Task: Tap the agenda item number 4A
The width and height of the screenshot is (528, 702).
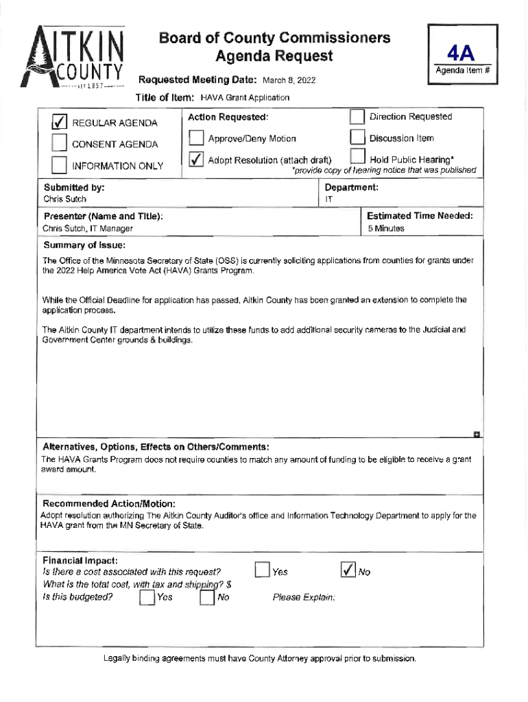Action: click(461, 53)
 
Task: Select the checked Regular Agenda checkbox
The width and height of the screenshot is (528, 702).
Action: click(60, 123)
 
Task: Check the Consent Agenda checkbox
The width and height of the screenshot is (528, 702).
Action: click(60, 144)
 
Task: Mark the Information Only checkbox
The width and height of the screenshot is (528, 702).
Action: click(60, 166)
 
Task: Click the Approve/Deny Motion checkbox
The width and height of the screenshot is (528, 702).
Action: click(196, 138)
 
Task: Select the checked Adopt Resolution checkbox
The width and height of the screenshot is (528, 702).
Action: click(196, 160)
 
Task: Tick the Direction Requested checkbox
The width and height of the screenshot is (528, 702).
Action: click(357, 117)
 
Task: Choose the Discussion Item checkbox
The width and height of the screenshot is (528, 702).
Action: click(357, 138)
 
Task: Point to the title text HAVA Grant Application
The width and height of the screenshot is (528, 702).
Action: click(245, 98)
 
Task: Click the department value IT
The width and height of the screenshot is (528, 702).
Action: click(328, 199)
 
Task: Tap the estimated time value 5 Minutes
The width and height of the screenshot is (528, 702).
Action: click(385, 228)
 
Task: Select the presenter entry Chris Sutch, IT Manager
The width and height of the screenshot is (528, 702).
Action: click(88, 228)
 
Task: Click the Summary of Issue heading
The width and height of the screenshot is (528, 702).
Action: click(84, 245)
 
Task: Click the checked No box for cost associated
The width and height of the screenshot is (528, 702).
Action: click(348, 570)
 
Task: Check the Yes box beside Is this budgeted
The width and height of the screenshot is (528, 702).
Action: click(146, 598)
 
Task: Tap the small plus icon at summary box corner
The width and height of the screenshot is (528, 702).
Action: click(477, 434)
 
